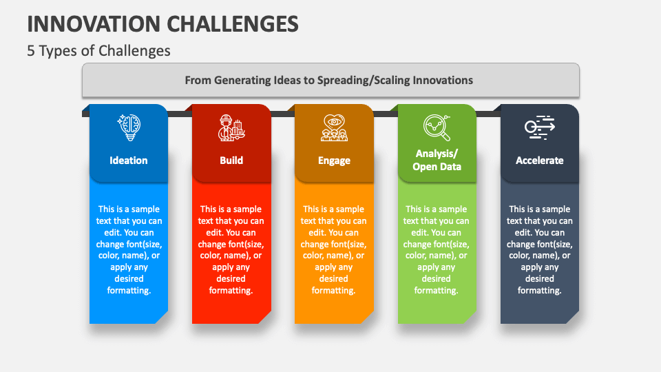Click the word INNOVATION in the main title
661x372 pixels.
(x=93, y=24)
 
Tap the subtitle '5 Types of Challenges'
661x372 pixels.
(x=98, y=50)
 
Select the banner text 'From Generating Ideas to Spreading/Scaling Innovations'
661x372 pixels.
(x=329, y=80)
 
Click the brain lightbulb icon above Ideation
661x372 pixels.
(x=129, y=127)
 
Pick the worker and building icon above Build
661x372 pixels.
(x=231, y=127)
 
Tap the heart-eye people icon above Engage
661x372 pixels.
(x=335, y=127)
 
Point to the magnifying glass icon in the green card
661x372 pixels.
(x=437, y=127)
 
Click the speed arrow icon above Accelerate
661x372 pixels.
(x=540, y=127)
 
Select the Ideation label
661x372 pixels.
(x=129, y=161)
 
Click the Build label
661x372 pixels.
(x=231, y=161)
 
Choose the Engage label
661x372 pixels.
(x=335, y=161)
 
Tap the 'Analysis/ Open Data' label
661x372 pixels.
(x=437, y=160)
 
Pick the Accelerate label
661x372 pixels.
(x=540, y=161)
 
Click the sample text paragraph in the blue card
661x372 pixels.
(x=129, y=249)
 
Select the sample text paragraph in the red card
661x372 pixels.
(x=231, y=249)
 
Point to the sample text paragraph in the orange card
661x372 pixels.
(x=333, y=249)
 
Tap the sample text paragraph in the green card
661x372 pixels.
(x=437, y=249)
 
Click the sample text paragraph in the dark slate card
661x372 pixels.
(x=540, y=249)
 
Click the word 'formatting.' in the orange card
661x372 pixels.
(x=333, y=291)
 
